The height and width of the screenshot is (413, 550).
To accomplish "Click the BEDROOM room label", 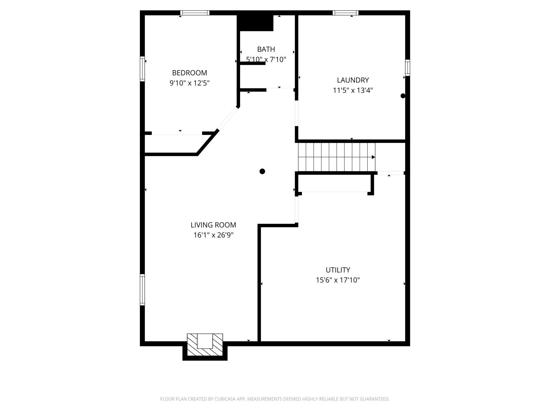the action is coord(190,73).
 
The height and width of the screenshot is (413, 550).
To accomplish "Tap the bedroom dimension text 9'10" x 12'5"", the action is coord(190,83).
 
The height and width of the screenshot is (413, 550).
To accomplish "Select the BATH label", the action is coord(266,49).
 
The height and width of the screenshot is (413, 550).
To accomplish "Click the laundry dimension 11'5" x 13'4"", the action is coord(353,90).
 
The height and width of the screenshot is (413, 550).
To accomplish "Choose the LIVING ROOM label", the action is coord(213,225).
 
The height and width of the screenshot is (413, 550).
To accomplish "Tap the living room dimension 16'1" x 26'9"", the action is coord(213,235).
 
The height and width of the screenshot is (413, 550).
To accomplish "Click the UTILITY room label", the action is coord(338,270).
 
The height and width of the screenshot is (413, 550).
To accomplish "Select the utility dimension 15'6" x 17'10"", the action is coord(338,280).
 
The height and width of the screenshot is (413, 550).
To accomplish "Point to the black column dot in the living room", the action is coord(262,171).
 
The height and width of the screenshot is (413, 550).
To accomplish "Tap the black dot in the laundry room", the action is coord(403,96).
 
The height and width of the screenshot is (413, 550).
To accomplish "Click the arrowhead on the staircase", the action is coord(373,157).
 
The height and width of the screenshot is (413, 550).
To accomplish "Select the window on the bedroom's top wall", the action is coord(195,13).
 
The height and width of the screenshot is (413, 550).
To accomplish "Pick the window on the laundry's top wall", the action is coord(346,13).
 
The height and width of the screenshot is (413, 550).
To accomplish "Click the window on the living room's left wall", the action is coord(142,290).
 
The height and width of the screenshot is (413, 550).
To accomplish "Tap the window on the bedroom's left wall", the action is coord(142,69).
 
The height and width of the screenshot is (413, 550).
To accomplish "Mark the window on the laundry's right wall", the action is coord(407,68).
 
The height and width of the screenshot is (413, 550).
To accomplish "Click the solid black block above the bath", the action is coord(255,23).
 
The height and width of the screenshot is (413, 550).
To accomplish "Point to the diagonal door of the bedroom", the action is coord(228,119).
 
